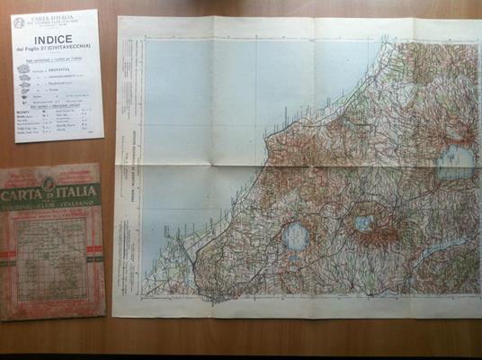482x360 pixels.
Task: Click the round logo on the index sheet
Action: coord(19,22)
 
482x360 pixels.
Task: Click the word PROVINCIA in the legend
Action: coord(55,68)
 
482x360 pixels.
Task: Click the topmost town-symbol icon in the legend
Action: coord(24,68)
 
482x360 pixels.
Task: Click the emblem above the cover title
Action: coord(50,183)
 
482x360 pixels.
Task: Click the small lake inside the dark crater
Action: coord(363,222)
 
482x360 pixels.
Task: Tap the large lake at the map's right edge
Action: coord(455,163)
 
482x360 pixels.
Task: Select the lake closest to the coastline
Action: coord(295,238)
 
